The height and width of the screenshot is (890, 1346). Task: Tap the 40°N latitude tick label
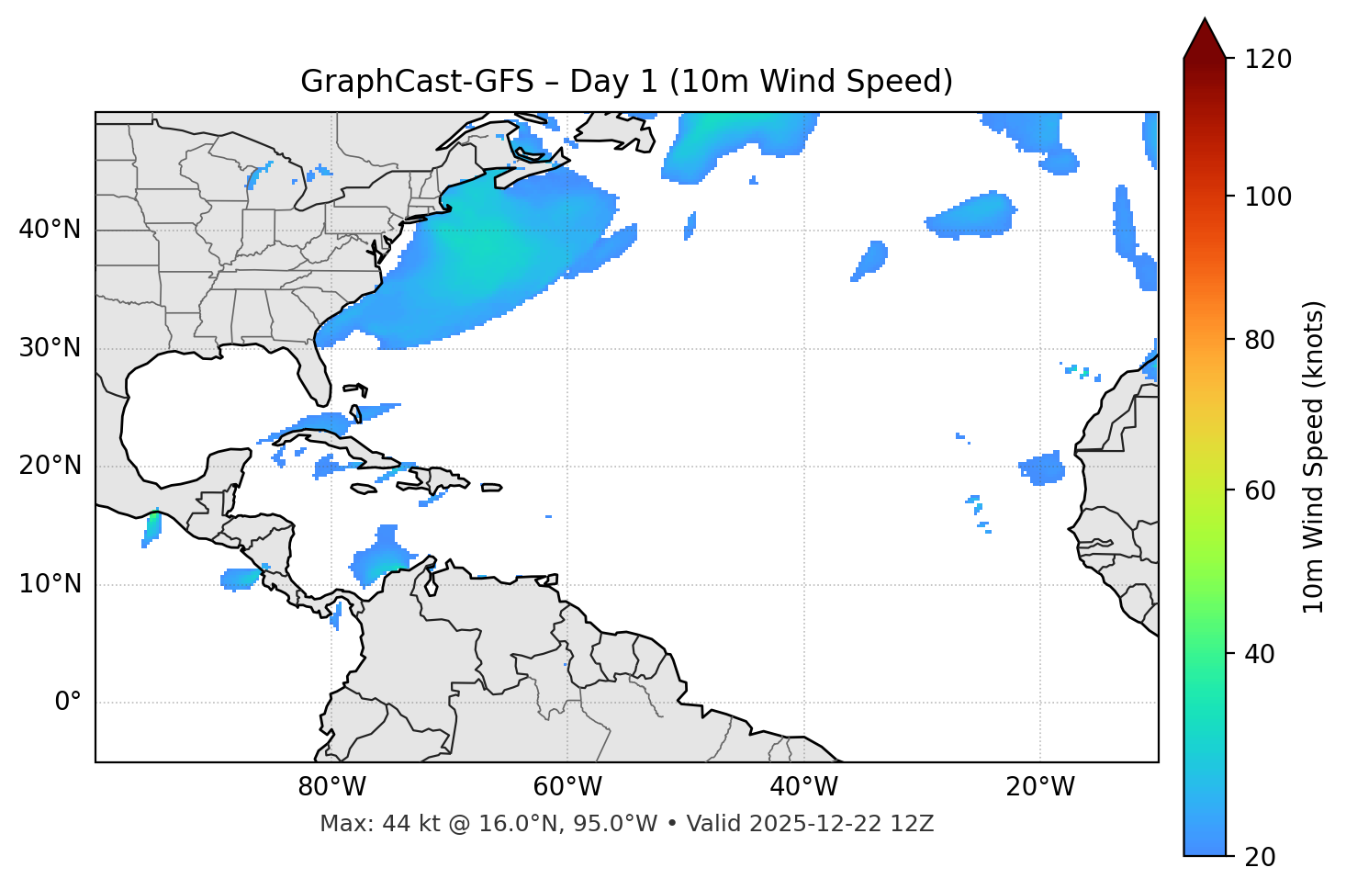pos(50,230)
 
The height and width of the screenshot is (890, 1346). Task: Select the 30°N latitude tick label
pos(50,348)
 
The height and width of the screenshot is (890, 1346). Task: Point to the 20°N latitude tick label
pos(50,466)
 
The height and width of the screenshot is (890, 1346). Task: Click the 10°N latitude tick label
pos(50,584)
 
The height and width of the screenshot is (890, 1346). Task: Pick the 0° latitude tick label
pos(68,703)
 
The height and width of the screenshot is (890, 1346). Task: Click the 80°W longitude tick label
pos(331,787)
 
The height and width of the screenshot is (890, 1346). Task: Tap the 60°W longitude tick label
pos(567,787)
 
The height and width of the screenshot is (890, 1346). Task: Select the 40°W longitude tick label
pos(803,787)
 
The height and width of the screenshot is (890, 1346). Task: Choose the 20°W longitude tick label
pos(1039,787)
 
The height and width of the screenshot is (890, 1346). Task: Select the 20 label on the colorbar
pos(1260,857)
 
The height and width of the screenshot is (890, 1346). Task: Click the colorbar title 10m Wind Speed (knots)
pos(1314,456)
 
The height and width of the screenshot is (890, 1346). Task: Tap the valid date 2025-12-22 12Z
pos(841,824)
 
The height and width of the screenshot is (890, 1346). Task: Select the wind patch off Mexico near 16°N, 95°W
pos(152,528)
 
